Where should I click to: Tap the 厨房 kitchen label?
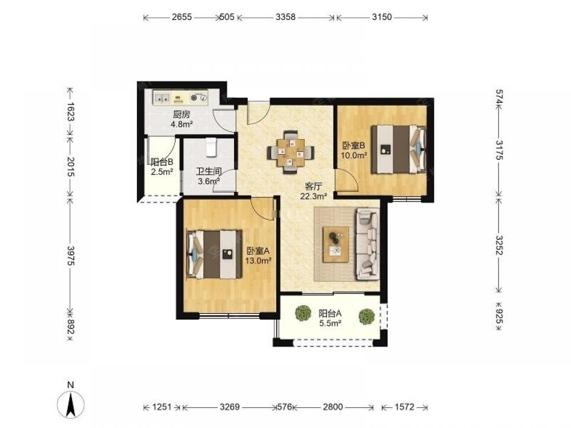coord(182,115)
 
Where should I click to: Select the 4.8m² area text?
coord(182,124)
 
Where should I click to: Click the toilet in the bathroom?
coord(211,147)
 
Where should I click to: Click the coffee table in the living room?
coord(336,244)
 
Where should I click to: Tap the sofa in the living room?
coord(367,244)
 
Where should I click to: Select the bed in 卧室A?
coord(214,255)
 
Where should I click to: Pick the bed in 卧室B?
coord(399,149)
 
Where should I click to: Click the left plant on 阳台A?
coord(303,314)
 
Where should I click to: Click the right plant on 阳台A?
coord(367,316)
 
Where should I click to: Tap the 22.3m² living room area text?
coord(313,196)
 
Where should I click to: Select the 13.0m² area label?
coord(258,261)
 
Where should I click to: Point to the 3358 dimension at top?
coord(285,17)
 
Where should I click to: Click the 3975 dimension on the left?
coord(71,256)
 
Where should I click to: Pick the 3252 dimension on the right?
coord(499,245)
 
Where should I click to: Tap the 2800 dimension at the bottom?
coord(333,407)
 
